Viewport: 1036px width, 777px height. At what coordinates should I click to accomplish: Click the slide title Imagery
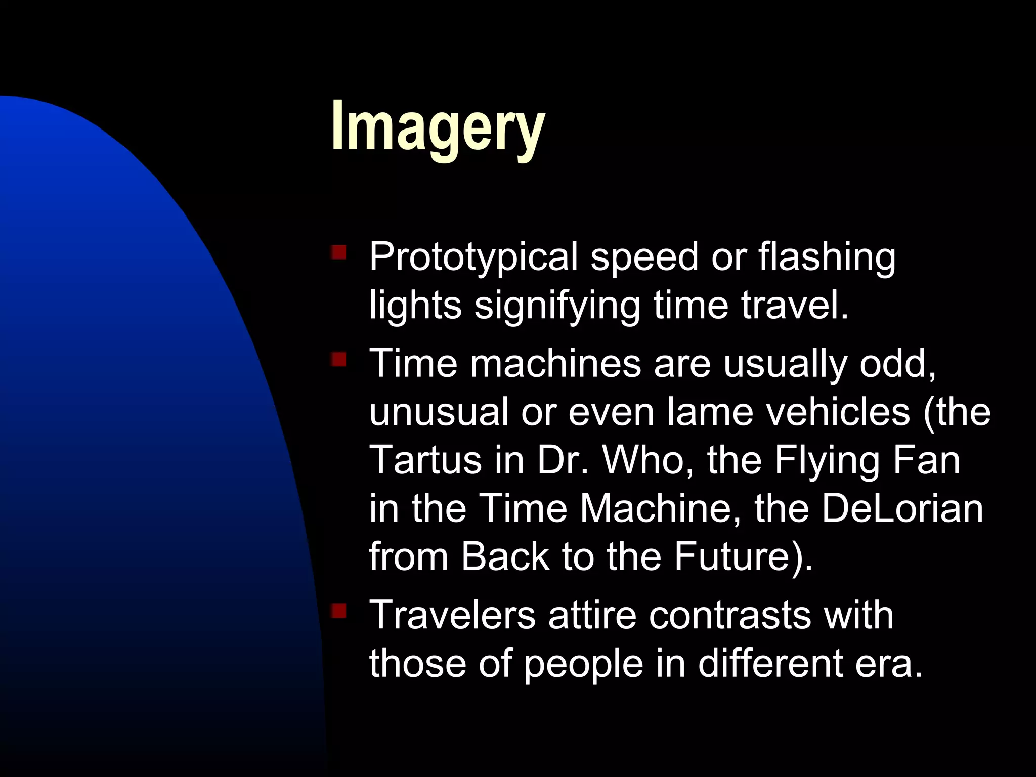(x=438, y=126)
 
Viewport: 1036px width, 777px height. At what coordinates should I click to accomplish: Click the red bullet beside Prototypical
(x=338, y=252)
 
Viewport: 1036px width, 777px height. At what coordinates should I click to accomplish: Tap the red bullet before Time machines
(x=338, y=360)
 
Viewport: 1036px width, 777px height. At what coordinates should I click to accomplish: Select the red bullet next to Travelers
(x=338, y=611)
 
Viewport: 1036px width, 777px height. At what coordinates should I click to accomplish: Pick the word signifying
(x=557, y=307)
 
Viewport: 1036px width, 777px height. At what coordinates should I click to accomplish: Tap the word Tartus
(x=425, y=460)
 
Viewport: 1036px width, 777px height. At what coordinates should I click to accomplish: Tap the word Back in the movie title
(x=504, y=556)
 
